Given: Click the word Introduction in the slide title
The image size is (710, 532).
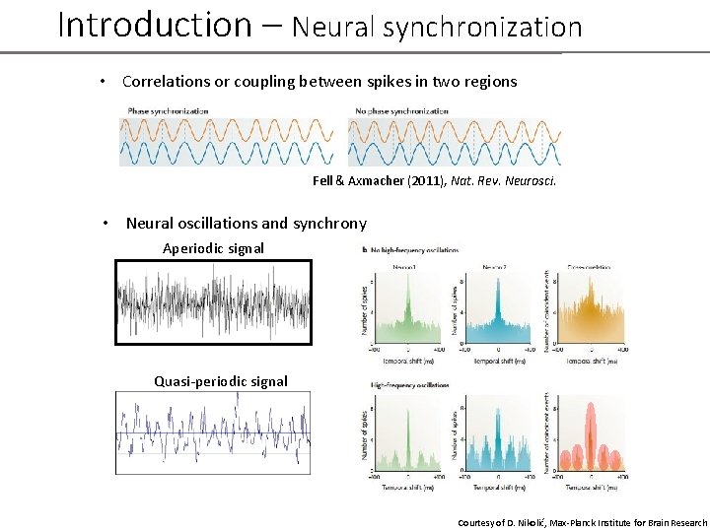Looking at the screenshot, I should tap(155, 25).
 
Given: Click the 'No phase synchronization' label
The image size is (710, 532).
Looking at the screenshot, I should tap(401, 111).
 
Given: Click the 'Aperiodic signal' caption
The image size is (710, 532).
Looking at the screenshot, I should tap(213, 248).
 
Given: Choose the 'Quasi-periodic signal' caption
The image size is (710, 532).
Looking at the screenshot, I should tap(221, 381).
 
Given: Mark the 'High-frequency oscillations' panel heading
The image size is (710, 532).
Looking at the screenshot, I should tap(409, 385).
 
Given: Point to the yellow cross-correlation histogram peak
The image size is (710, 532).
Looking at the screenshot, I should tap(588, 305).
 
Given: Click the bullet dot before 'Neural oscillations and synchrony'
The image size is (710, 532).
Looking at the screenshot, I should tap(106, 223).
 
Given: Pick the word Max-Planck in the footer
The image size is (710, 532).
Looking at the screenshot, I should tap(574, 522).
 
